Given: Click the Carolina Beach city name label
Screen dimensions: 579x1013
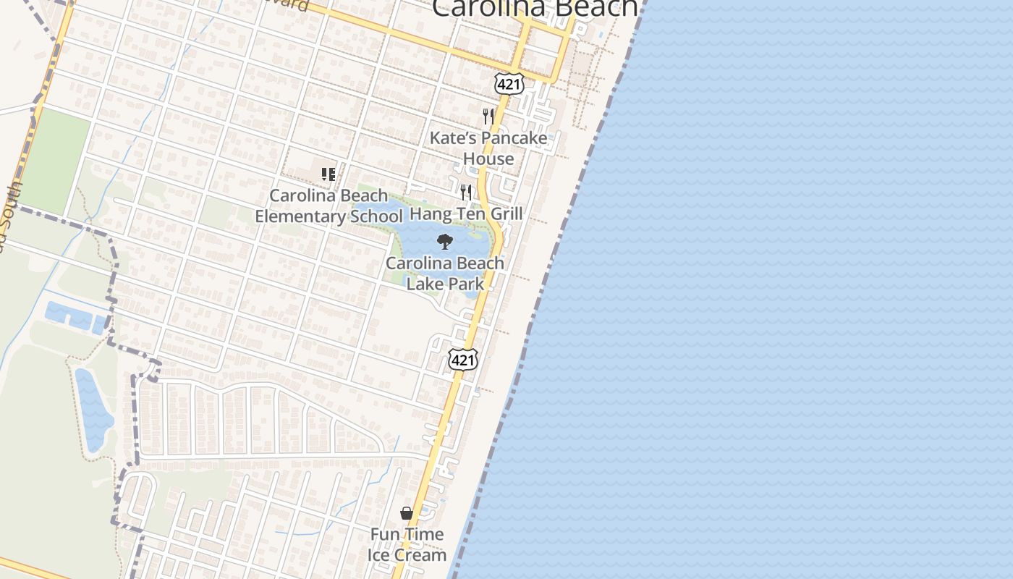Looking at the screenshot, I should [535, 7].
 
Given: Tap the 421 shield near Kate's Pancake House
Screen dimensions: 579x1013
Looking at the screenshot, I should [508, 84].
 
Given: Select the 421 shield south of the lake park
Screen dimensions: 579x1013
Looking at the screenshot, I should [462, 360].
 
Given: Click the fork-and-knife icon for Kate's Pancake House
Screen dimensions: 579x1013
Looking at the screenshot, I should [488, 116].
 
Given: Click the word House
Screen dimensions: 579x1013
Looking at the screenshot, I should [488, 159].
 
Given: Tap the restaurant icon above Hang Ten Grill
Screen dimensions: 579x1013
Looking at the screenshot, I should [466, 193].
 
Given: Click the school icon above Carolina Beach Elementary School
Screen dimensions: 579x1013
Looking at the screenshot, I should [329, 174].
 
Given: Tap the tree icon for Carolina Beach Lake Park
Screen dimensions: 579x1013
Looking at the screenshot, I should [445, 242].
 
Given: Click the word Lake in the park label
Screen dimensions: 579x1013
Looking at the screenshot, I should [423, 284].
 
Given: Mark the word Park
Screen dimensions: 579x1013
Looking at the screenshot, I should [465, 284].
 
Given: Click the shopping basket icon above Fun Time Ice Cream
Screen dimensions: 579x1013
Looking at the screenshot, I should [407, 513].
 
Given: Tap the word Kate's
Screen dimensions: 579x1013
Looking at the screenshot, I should [452, 138].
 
